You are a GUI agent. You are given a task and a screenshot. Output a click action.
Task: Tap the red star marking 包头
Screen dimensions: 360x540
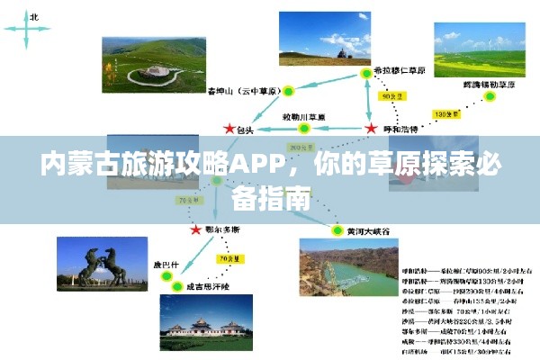pyautogui.click(x=229, y=130)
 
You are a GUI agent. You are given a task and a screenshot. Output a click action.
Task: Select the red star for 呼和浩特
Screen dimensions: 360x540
pyautogui.click(x=371, y=130)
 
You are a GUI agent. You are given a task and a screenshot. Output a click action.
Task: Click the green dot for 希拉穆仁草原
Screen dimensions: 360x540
pyautogui.click(x=365, y=72)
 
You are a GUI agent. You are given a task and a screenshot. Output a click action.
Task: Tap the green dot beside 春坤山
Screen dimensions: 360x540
pyautogui.click(x=289, y=91)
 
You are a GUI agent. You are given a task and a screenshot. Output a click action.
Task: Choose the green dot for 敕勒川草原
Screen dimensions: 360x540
pyautogui.click(x=303, y=129)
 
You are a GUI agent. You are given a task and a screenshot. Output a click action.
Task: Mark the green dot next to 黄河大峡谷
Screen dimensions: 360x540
pyautogui.click(x=338, y=230)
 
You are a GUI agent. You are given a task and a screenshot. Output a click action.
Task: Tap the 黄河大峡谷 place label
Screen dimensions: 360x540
pyautogui.click(x=369, y=231)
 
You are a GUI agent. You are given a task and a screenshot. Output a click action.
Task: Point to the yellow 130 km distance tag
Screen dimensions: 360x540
pyautogui.click(x=444, y=114)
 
